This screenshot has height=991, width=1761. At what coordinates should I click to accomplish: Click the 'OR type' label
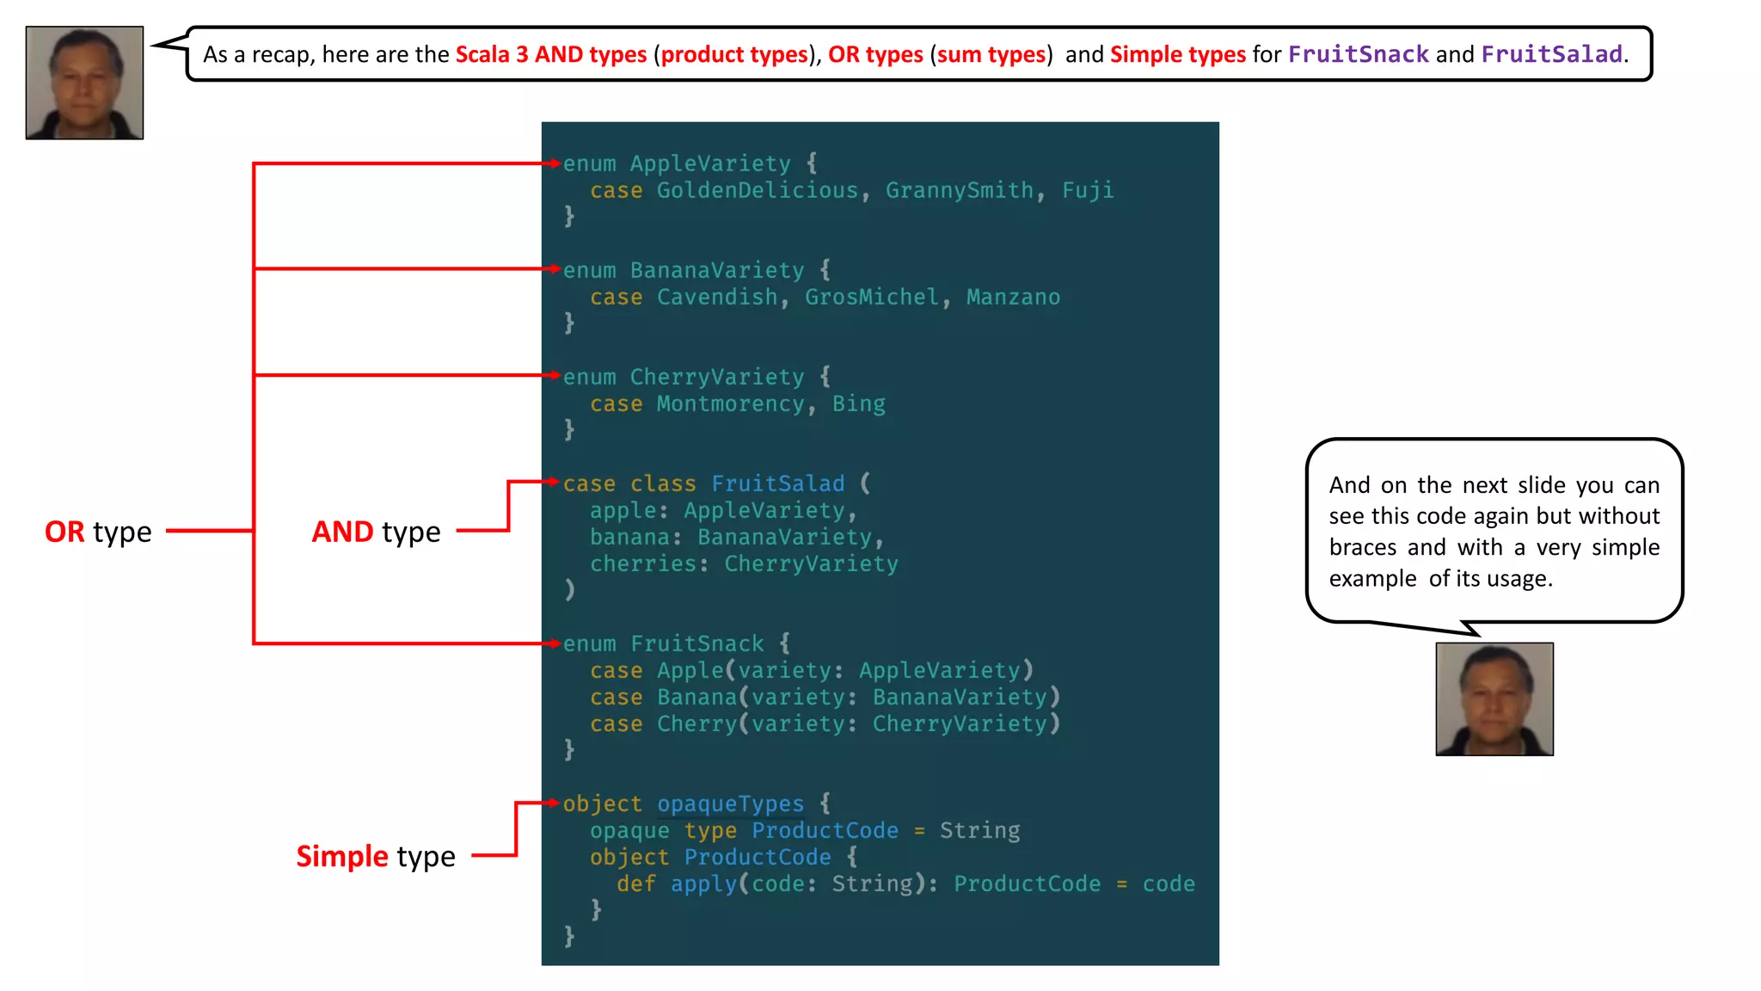98,532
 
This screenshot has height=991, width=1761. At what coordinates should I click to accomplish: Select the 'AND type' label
376,532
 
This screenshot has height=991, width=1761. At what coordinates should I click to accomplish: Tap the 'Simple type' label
376,856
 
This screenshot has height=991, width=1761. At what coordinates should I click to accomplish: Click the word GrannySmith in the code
960,190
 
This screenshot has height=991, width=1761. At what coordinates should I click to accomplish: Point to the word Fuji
1087,190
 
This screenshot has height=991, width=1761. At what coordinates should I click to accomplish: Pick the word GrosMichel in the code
872,297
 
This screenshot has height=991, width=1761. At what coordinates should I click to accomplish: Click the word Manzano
1013,297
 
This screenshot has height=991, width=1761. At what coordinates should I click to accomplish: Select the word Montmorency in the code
730,403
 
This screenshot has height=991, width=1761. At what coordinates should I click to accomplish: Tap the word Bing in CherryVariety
858,403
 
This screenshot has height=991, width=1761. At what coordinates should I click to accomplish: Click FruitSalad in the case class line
777,483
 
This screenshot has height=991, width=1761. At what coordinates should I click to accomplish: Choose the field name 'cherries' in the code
643,563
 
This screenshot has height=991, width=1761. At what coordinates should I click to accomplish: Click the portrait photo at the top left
84,83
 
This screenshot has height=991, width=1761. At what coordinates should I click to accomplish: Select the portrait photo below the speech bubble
1494,699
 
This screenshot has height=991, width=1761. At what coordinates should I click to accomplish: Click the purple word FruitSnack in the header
1358,54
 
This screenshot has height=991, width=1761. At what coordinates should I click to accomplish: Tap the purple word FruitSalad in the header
1551,54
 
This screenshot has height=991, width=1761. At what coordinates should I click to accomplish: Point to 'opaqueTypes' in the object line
730,803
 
